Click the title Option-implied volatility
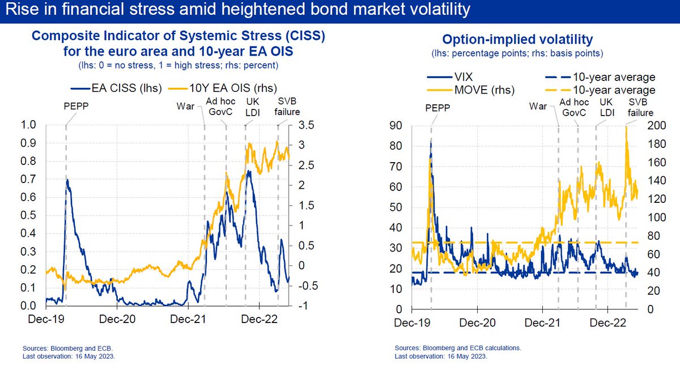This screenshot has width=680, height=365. click(x=517, y=40)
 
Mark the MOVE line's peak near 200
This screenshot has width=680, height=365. click(x=626, y=127)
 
